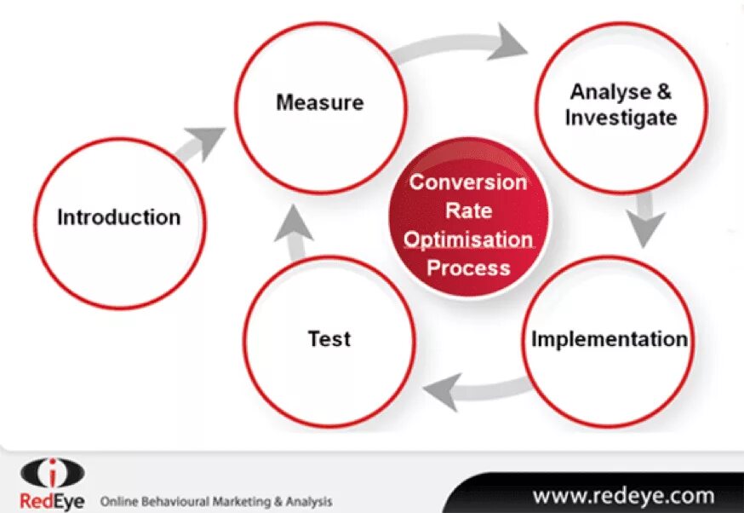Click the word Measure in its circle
(x=319, y=103)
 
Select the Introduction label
(x=118, y=217)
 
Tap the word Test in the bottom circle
(x=329, y=338)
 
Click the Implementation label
(x=609, y=338)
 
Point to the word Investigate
(x=621, y=118)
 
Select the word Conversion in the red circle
(x=468, y=182)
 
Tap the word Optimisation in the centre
(x=468, y=239)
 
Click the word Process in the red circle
(x=468, y=268)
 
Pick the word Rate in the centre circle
(x=468, y=210)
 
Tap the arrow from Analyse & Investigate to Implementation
(x=646, y=219)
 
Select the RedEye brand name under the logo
(x=51, y=499)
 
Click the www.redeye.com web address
(x=623, y=495)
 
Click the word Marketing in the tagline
(x=242, y=501)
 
